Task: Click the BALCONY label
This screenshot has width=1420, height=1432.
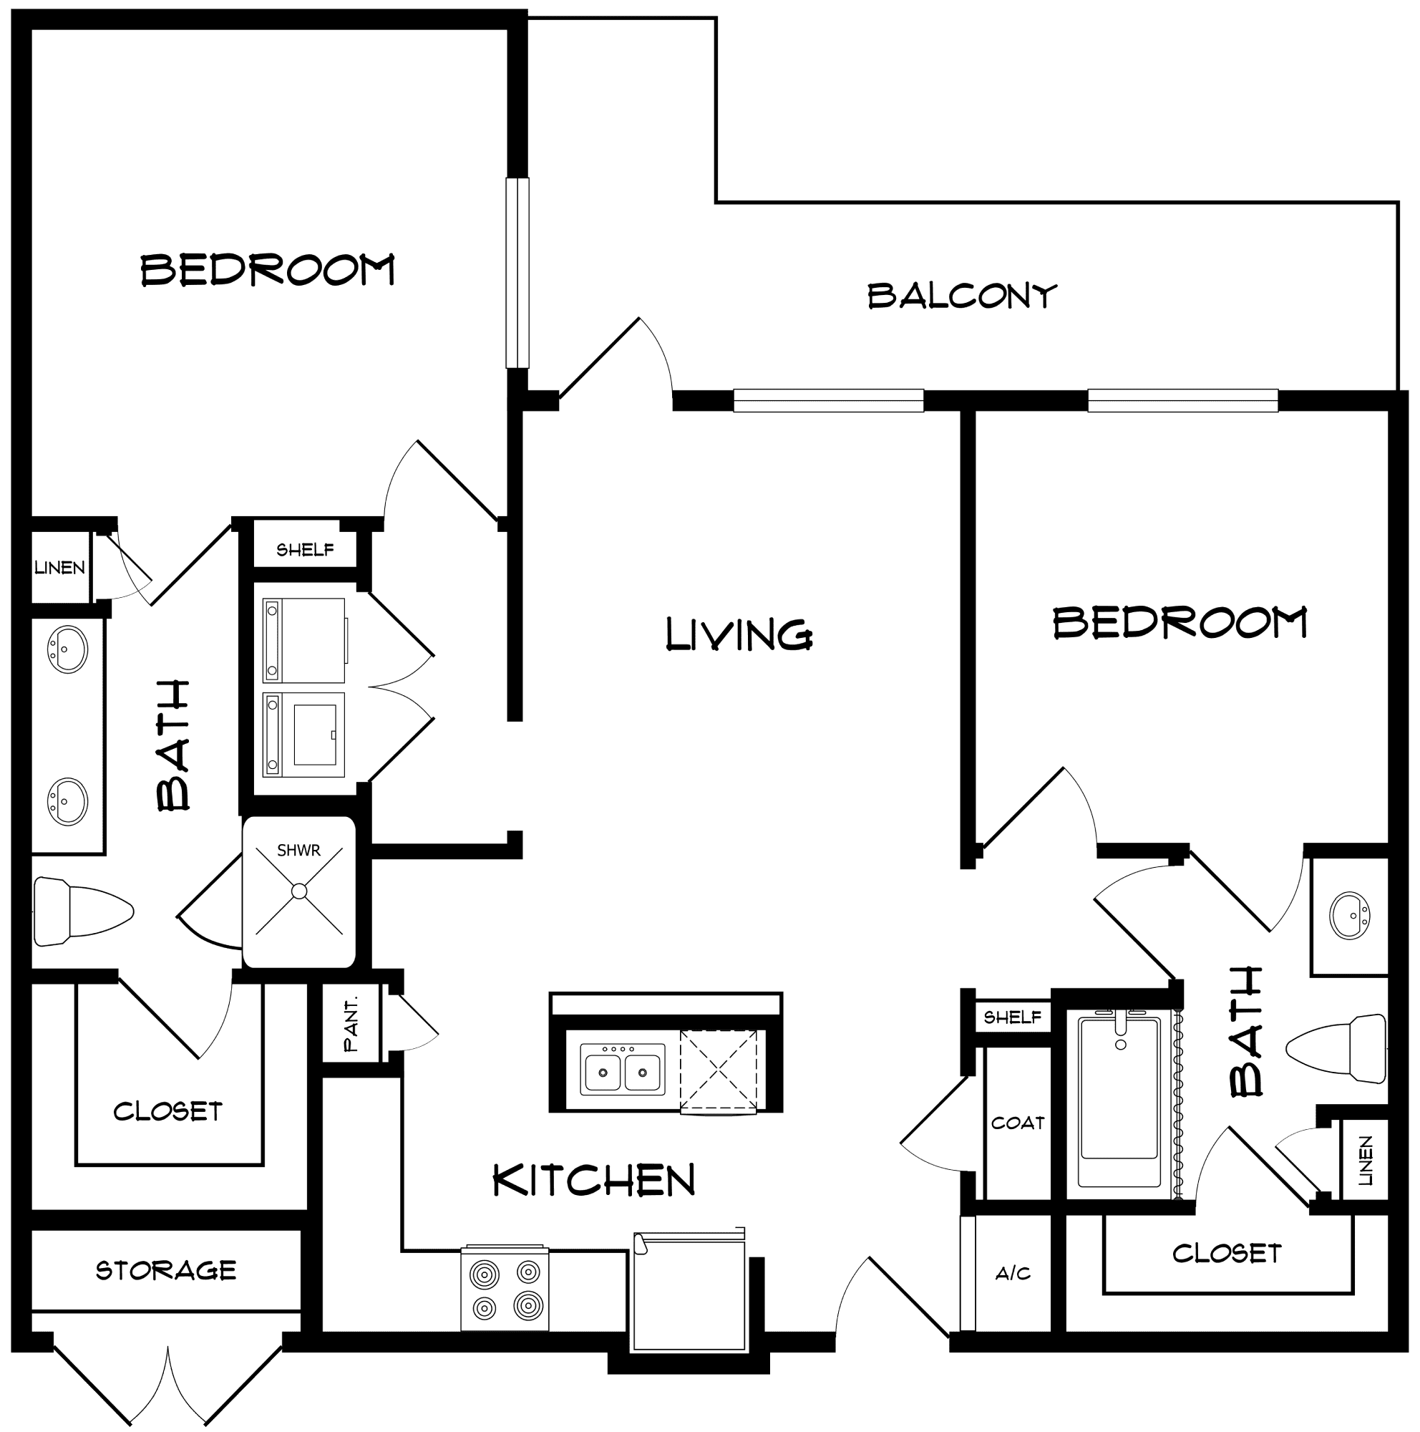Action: (x=961, y=296)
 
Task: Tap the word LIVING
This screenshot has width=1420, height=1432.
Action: (x=739, y=634)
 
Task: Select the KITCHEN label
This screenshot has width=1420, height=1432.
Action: (x=594, y=1181)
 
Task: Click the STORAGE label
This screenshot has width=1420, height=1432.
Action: (x=166, y=1270)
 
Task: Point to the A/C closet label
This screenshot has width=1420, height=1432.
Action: (x=1013, y=1273)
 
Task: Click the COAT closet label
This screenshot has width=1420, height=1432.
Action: (x=1018, y=1123)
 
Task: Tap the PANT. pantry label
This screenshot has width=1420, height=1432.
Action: (x=351, y=1025)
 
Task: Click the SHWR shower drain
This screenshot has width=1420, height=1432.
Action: (x=298, y=891)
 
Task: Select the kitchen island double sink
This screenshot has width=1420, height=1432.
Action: (x=622, y=1069)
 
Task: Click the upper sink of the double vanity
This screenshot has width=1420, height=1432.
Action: (x=67, y=649)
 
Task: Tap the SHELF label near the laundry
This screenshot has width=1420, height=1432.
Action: (x=305, y=549)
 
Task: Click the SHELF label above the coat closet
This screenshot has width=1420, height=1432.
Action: (x=1012, y=1017)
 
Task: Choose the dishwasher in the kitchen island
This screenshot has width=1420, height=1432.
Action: (x=719, y=1072)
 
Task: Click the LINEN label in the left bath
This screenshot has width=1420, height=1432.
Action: (x=59, y=568)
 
